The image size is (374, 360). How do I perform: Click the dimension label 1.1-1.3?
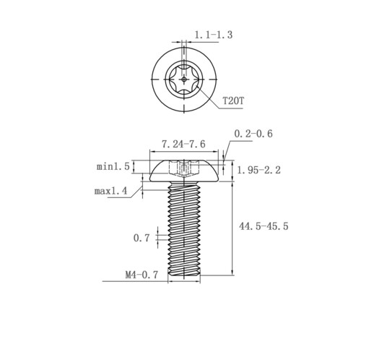coord(213,35)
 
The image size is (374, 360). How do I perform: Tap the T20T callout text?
coord(233,100)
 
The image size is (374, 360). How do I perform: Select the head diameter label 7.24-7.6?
coord(183,144)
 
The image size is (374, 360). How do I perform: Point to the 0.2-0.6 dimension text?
coord(253,134)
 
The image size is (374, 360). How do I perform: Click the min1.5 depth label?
coord(113,166)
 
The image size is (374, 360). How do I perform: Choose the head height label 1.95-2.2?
coord(259,171)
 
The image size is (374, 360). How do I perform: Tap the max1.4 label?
coord(110,191)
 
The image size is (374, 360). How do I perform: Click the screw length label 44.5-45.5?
coord(264,226)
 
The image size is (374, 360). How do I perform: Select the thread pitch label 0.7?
coord(142,238)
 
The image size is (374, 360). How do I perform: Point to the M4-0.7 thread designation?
coord(142,275)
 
